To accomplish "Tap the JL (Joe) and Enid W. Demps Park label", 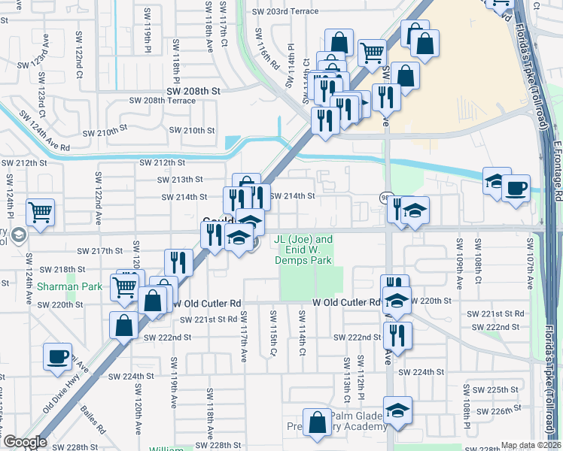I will tap(303, 250).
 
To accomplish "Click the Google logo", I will tap(24, 442).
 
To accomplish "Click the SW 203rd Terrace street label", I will tap(285, 12).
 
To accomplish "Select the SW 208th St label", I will tap(193, 90).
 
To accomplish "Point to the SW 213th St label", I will tap(180, 180).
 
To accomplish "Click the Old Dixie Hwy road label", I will tap(62, 396).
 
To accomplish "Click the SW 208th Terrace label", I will tap(162, 100).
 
